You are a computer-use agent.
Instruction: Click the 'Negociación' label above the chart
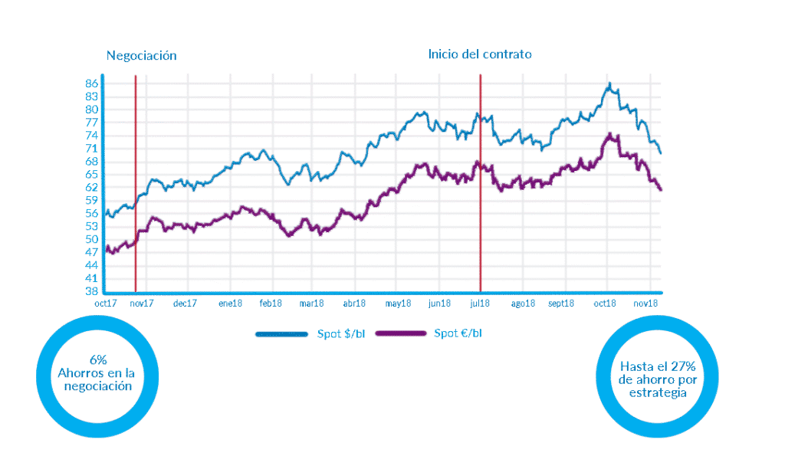(x=141, y=55)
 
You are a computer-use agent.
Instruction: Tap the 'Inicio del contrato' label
(x=480, y=54)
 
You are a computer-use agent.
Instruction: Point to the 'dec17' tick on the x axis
(x=185, y=304)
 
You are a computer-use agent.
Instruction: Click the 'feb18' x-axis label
(x=270, y=304)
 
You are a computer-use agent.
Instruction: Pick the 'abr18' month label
(x=353, y=304)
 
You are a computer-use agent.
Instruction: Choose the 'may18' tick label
(x=398, y=304)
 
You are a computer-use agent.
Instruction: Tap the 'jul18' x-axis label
(x=479, y=304)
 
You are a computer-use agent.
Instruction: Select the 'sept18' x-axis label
(x=562, y=304)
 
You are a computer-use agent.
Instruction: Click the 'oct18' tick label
(x=605, y=304)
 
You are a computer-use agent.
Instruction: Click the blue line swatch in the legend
(x=283, y=333)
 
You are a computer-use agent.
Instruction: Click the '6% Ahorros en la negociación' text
(x=97, y=372)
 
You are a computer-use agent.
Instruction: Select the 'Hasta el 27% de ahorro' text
(x=656, y=379)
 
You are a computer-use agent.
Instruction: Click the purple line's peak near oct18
(x=610, y=135)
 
